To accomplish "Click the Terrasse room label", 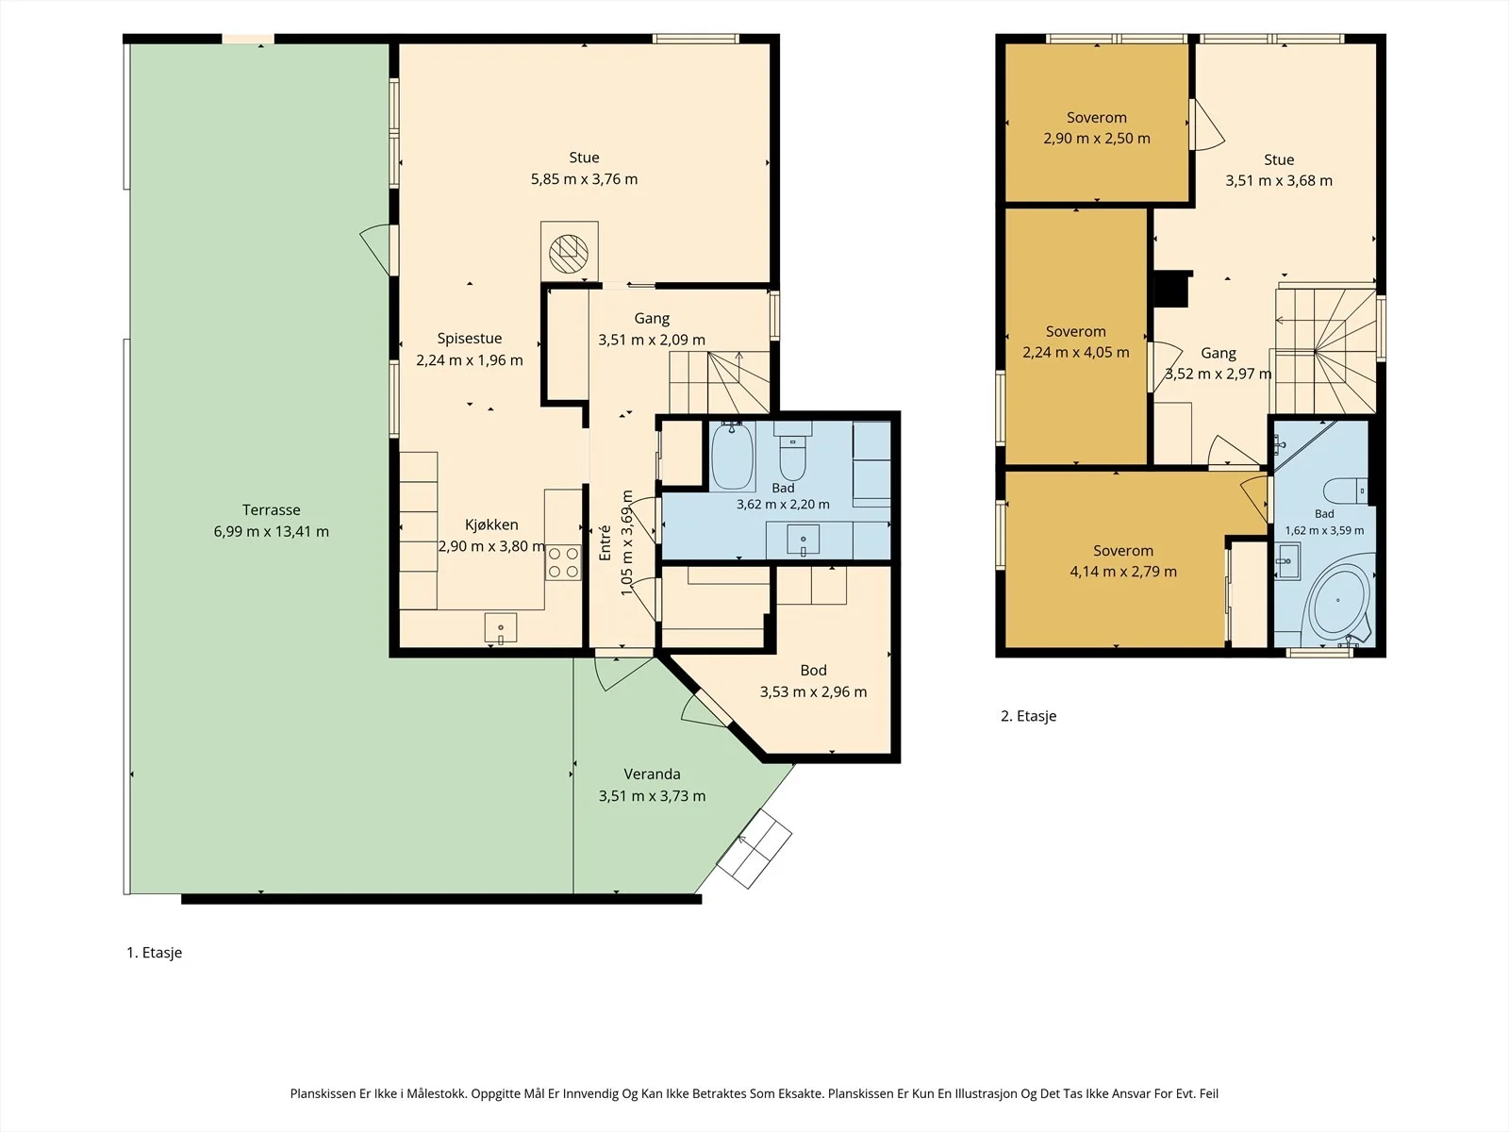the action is click(271, 510).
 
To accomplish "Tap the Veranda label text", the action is click(652, 774).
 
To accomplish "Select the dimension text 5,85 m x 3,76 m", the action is click(584, 179).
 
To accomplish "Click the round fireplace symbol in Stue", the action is click(569, 253).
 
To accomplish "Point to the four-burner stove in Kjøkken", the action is click(563, 561).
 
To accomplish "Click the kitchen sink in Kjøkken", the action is click(501, 628).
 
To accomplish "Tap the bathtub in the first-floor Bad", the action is click(732, 456).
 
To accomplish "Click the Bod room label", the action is click(813, 670).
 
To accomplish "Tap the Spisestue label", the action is click(470, 338).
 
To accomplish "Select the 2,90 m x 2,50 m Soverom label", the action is click(1097, 128).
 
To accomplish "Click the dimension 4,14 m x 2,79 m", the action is click(1123, 572).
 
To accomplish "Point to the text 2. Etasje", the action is click(1028, 716).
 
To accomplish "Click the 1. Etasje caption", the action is click(154, 953).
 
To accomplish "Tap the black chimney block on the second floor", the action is click(1171, 289).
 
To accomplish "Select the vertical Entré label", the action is click(605, 543).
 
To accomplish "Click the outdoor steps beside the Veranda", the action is click(754, 850).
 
